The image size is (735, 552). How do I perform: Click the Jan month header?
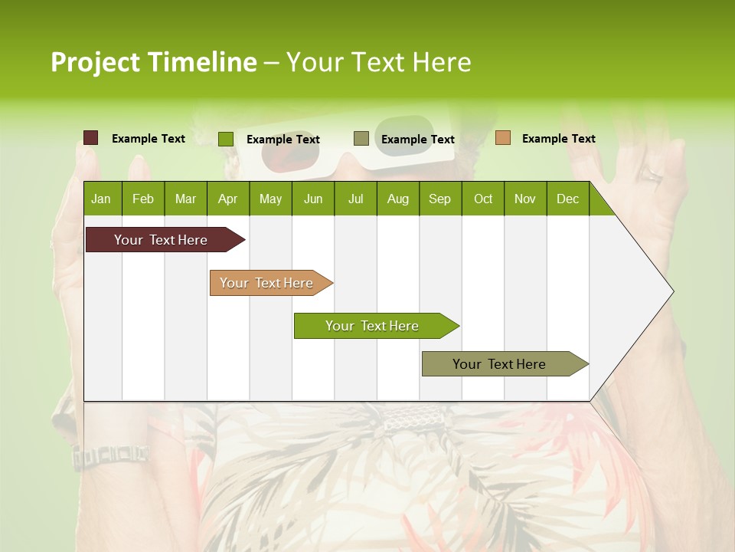[101, 199]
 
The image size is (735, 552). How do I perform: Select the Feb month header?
[143, 199]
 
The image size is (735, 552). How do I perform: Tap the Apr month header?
[227, 199]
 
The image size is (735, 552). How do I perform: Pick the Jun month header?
[313, 199]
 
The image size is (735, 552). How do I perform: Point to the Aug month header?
[397, 199]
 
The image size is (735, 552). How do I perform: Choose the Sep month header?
[439, 199]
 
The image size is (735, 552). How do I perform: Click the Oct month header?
[483, 199]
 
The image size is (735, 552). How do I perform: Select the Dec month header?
[567, 199]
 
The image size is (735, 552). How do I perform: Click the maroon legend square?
[91, 138]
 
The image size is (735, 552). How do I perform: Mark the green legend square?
[226, 139]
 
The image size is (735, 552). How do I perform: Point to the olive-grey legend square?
[361, 138]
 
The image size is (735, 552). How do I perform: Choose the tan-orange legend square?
[503, 138]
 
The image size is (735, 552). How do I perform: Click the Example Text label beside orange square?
[558, 139]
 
